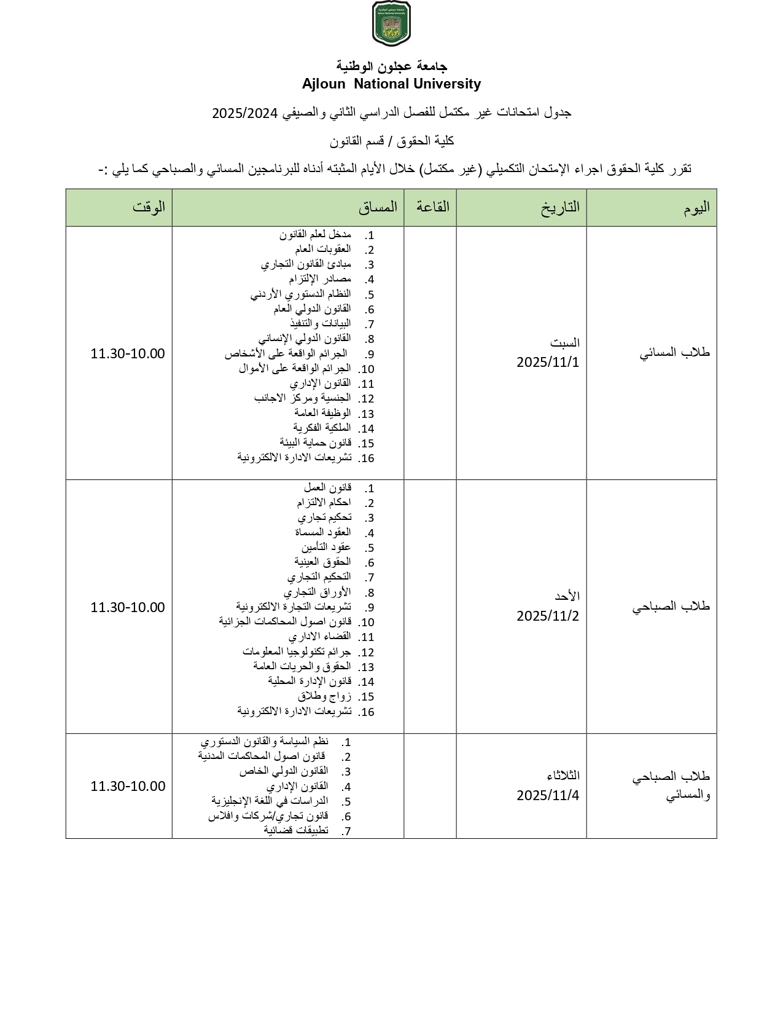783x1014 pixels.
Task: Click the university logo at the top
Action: pyautogui.click(x=391, y=23)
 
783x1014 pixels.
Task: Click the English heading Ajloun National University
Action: pyautogui.click(x=391, y=84)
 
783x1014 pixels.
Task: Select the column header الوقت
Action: pyautogui.click(x=149, y=207)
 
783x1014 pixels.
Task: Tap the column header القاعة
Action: pyautogui.click(x=432, y=206)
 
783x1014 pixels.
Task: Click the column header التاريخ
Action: pyautogui.click(x=560, y=207)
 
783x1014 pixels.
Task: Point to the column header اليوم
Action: pyautogui.click(x=696, y=207)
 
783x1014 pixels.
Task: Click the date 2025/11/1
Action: pyautogui.click(x=548, y=362)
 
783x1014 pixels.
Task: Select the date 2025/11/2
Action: pyautogui.click(x=548, y=616)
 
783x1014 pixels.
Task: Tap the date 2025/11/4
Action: pyautogui.click(x=548, y=795)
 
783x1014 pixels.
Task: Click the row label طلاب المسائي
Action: pyautogui.click(x=674, y=353)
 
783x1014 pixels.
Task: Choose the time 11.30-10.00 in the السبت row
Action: pyautogui.click(x=128, y=353)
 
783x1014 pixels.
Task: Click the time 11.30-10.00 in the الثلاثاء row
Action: pyautogui.click(x=128, y=786)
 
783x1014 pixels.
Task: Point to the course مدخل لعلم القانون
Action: pyautogui.click(x=315, y=235)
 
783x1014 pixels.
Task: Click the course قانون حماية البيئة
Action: pyautogui.click(x=315, y=442)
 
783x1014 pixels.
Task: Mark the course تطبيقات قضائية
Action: pyautogui.click(x=296, y=830)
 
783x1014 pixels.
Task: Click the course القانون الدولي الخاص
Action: pyautogui.click(x=284, y=771)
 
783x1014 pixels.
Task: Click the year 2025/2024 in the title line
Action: pyautogui.click(x=245, y=113)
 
